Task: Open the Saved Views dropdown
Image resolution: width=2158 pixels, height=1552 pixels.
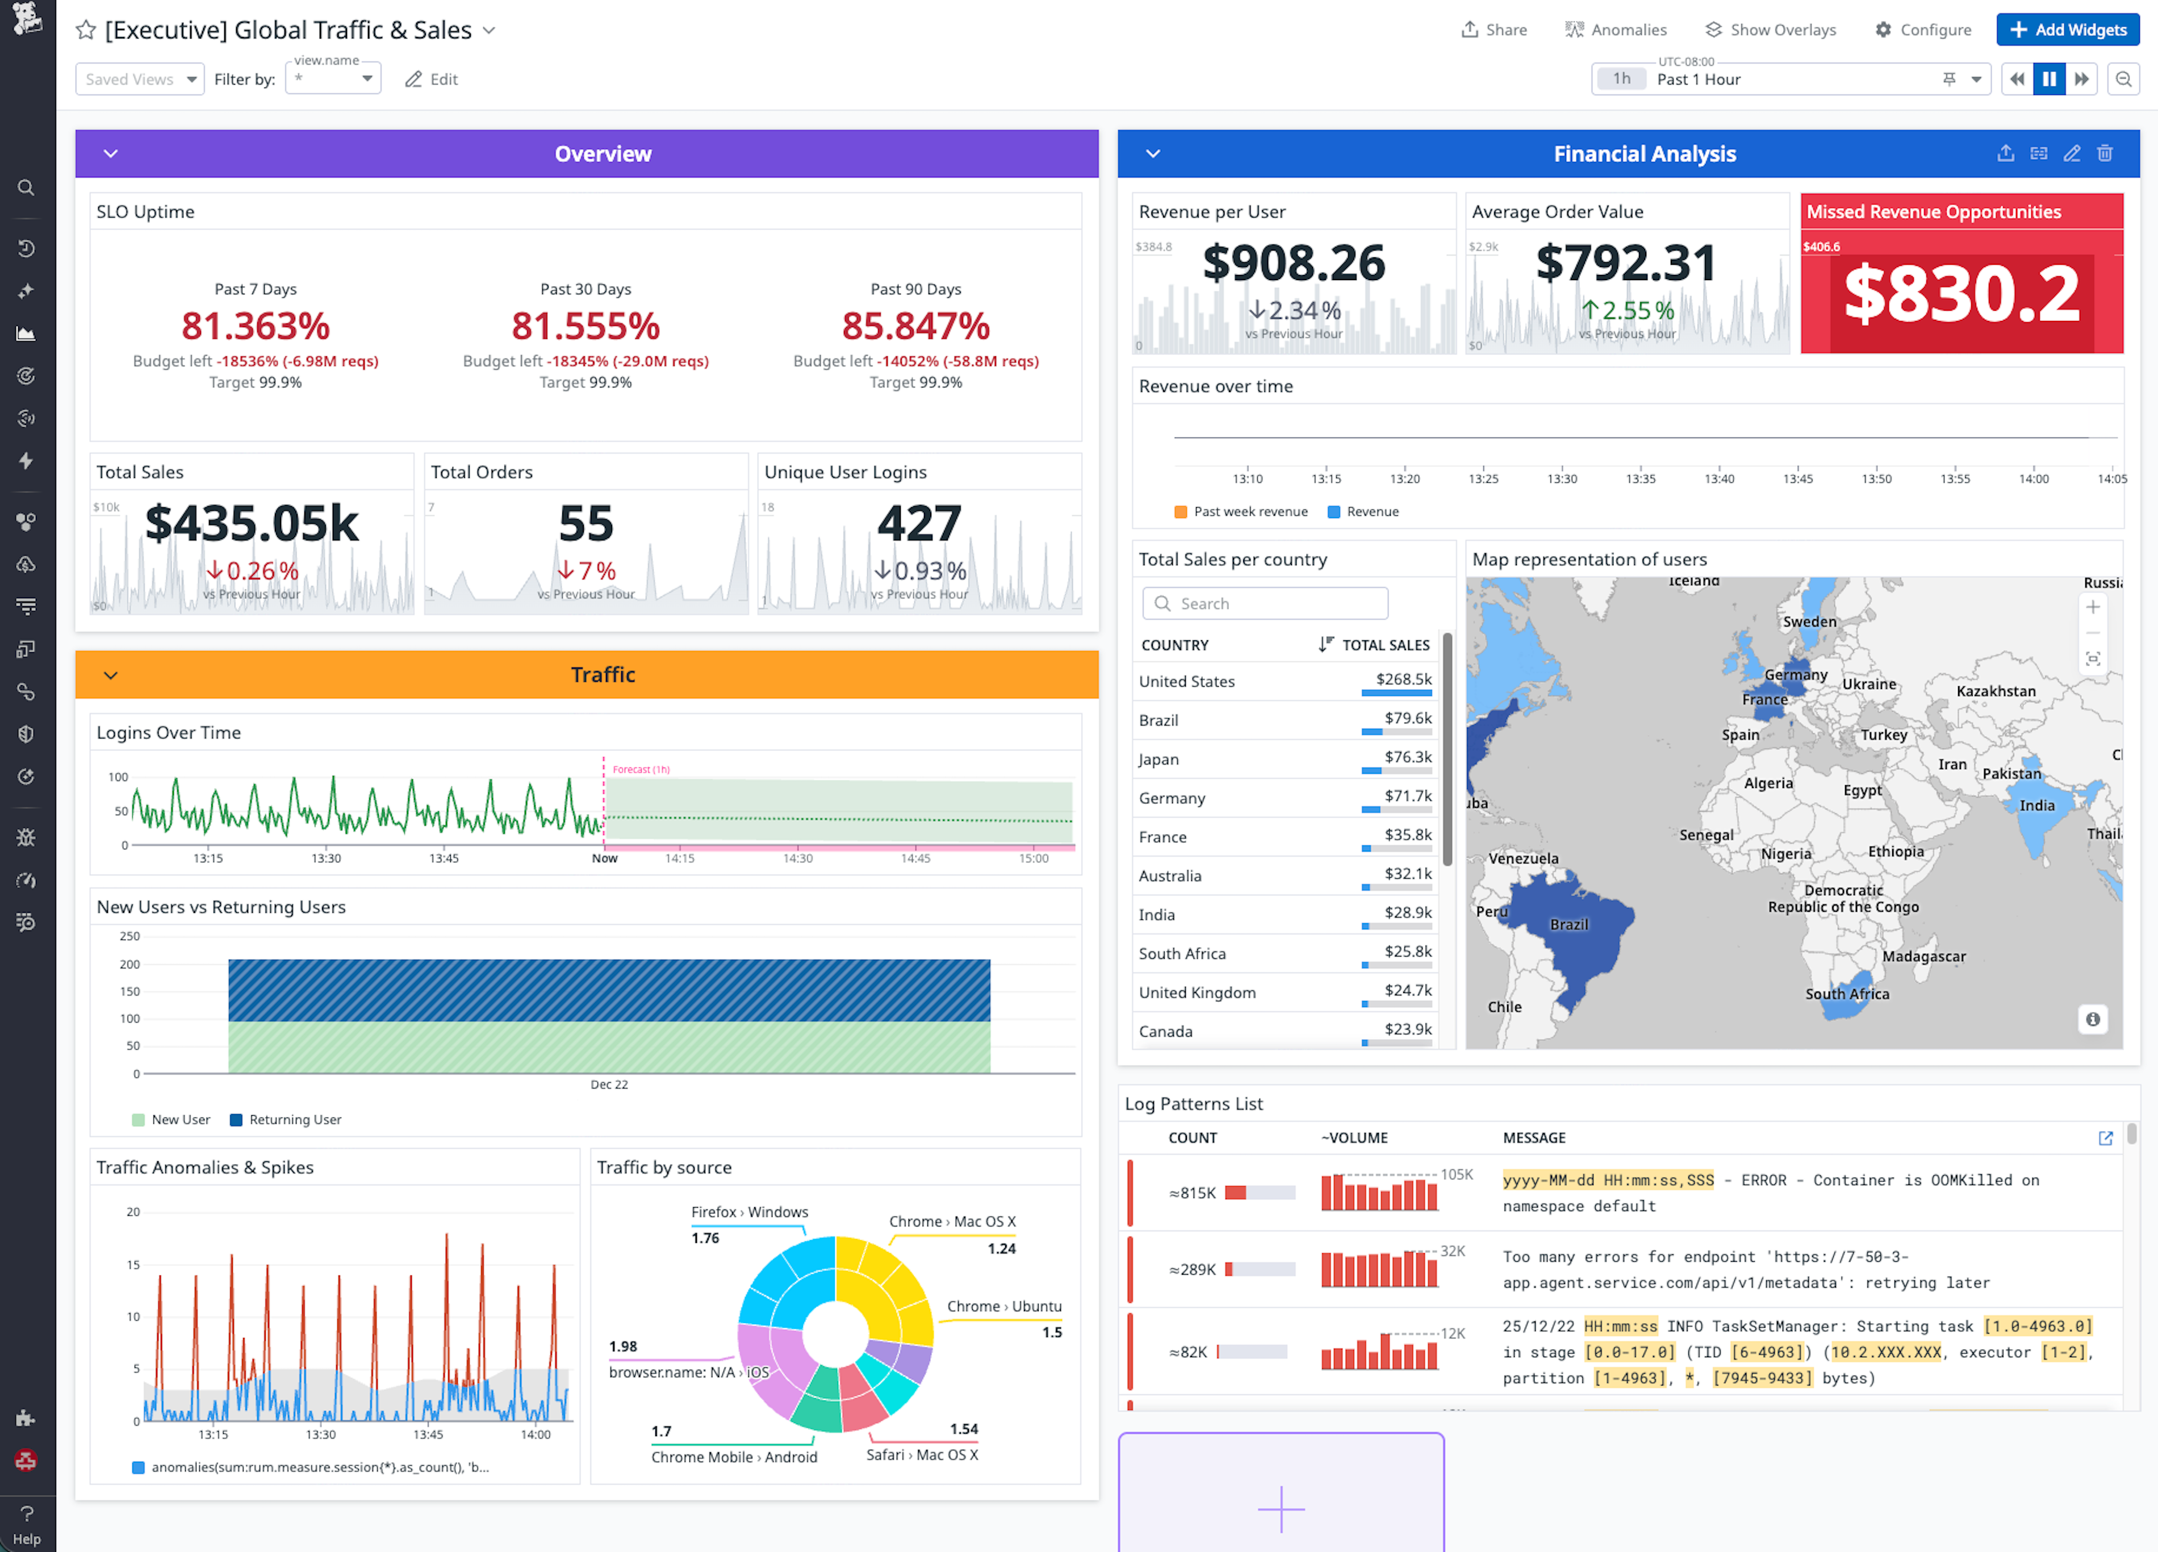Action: pos(139,79)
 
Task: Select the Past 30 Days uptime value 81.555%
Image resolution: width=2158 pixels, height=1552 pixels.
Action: pos(585,327)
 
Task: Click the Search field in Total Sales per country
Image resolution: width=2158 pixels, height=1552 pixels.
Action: pos(1265,603)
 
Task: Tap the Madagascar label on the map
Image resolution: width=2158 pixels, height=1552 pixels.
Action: pos(1923,956)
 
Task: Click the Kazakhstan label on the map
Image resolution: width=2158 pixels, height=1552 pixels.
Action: pos(1995,691)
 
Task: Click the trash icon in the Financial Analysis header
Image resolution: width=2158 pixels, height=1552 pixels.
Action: pos(2105,153)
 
